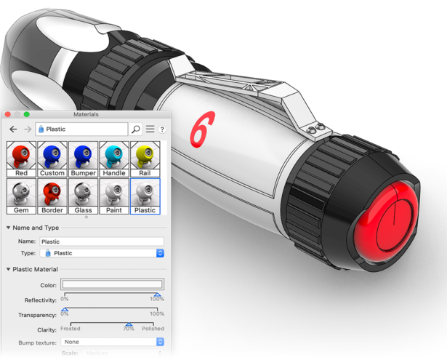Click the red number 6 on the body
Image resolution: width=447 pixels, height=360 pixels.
pyautogui.click(x=202, y=129)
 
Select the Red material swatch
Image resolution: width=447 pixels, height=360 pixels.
pyautogui.click(x=21, y=159)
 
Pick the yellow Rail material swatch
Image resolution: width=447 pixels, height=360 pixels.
pyautogui.click(x=145, y=159)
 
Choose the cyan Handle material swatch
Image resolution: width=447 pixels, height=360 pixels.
pyautogui.click(x=114, y=159)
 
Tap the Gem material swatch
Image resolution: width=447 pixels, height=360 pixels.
pyautogui.click(x=21, y=196)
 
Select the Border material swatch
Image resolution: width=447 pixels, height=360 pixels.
pyautogui.click(x=52, y=196)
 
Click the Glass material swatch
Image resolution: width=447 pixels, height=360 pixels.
pyautogui.click(x=84, y=196)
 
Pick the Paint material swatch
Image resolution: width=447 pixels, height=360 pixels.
pyautogui.click(x=114, y=196)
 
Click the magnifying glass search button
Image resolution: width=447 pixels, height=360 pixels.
pyautogui.click(x=135, y=129)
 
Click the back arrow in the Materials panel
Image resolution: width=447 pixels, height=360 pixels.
pyautogui.click(x=13, y=129)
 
